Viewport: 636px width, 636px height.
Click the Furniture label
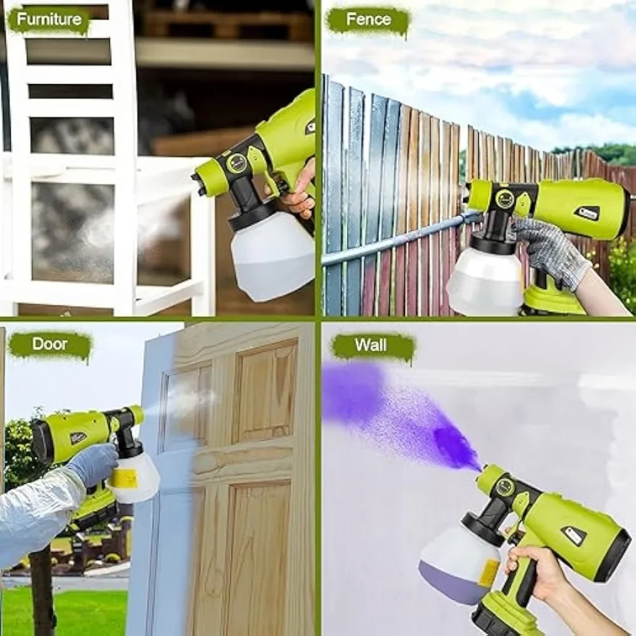(x=48, y=20)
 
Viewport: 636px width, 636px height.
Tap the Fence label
(x=368, y=20)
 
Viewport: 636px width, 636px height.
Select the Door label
(x=50, y=345)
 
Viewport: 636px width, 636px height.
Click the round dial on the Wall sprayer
(x=505, y=488)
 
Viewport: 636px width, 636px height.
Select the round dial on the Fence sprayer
(x=505, y=198)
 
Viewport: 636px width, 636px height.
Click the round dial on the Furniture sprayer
(x=236, y=163)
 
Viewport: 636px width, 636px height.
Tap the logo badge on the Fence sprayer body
(x=586, y=212)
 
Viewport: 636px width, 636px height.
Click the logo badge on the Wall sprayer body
(x=574, y=535)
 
